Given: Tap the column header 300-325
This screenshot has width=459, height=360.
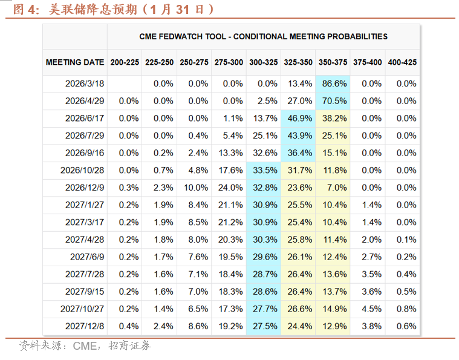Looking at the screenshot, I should click(x=263, y=62).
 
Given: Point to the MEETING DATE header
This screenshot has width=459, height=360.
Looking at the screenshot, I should click(x=74, y=62).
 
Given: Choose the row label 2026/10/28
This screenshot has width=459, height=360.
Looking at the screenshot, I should click(x=84, y=171).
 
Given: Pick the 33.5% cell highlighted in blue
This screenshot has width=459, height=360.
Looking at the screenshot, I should click(x=263, y=171).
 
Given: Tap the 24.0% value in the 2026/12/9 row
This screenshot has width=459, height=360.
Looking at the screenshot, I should click(x=229, y=188).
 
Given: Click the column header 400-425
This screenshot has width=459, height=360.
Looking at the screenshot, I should click(x=402, y=62).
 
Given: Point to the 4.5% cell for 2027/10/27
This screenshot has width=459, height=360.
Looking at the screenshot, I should click(x=367, y=309).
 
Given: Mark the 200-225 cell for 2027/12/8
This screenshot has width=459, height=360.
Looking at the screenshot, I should click(x=125, y=326).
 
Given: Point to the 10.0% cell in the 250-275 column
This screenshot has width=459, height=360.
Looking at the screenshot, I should click(x=194, y=188).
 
